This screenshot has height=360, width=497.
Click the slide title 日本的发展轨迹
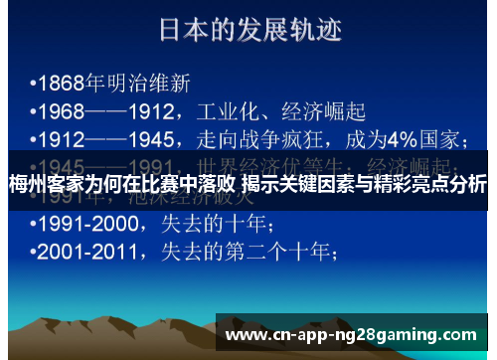click(249, 30)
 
